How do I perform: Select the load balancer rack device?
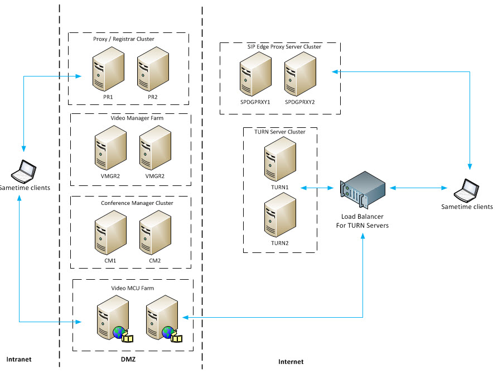pos(363,190)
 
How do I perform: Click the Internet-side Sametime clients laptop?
pos(467,190)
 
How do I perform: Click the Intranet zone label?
pos(19,359)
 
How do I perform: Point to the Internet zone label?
pos(291,362)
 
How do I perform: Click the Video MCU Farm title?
pos(133,288)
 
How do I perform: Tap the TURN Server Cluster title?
pos(279,132)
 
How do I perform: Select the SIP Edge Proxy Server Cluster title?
pos(284,47)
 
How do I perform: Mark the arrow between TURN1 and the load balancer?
pos(316,188)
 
